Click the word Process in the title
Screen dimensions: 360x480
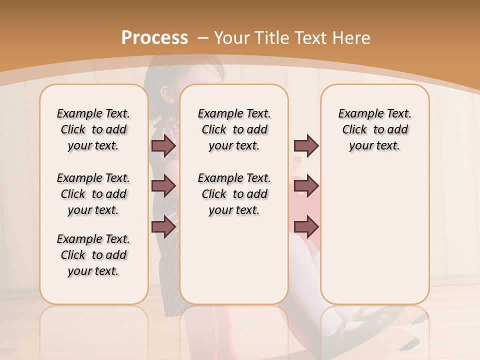[x=154, y=38]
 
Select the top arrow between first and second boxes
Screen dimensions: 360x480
[x=163, y=145]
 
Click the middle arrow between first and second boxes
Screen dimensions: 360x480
[x=163, y=185]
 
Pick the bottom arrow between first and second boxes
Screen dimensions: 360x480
[x=163, y=227]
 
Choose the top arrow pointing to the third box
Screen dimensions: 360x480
[x=306, y=145]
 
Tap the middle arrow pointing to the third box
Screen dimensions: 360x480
[x=306, y=185]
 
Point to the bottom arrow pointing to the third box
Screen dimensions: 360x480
[x=306, y=227]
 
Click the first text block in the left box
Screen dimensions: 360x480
[x=93, y=129]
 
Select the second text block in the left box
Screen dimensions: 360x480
[x=93, y=194]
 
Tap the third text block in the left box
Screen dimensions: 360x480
[x=93, y=255]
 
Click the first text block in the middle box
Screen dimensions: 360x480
[x=234, y=129]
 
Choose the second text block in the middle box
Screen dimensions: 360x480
[x=234, y=194]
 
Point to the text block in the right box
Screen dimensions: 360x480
[x=374, y=129]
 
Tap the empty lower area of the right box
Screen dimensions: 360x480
[x=374, y=235]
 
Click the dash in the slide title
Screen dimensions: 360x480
[x=203, y=38]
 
